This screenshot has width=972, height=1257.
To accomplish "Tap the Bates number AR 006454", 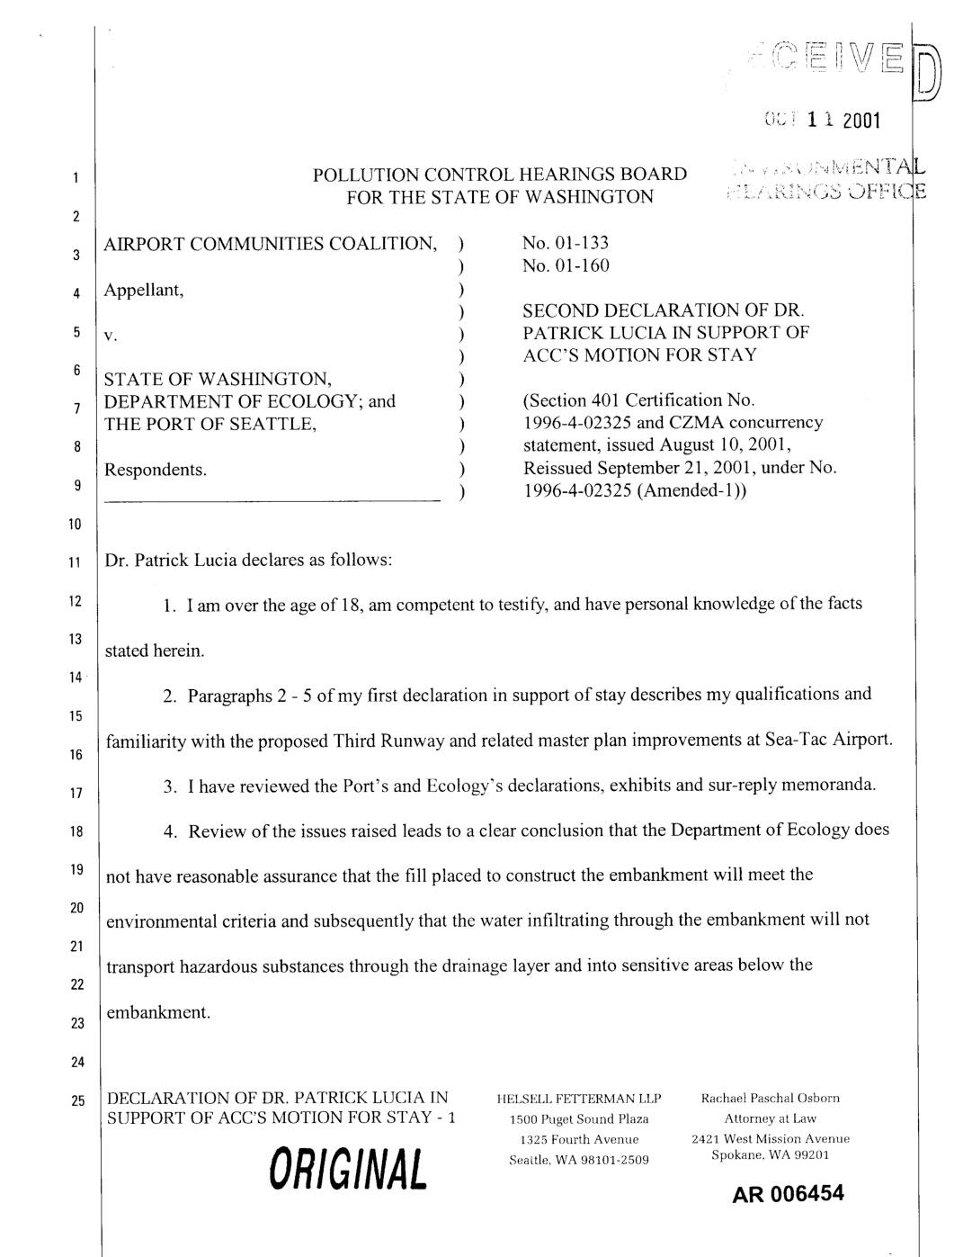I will pyautogui.click(x=788, y=1195).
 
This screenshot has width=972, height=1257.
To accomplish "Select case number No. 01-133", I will pyautogui.click(x=565, y=243).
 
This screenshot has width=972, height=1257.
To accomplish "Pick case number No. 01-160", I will pyautogui.click(x=565, y=265).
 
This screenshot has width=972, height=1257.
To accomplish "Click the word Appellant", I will pyautogui.click(x=144, y=290).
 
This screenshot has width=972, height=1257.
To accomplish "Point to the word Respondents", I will pyautogui.click(x=156, y=470).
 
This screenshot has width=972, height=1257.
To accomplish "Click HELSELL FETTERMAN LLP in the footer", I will pyautogui.click(x=578, y=1099).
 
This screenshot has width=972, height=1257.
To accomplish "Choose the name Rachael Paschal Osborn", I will pyautogui.click(x=771, y=1099).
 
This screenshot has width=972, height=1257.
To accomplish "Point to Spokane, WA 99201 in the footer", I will pyautogui.click(x=770, y=1155).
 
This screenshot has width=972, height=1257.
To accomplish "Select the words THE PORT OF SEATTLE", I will pyautogui.click(x=210, y=424).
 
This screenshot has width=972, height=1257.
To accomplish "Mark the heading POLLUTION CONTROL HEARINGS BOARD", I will pyautogui.click(x=500, y=175).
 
